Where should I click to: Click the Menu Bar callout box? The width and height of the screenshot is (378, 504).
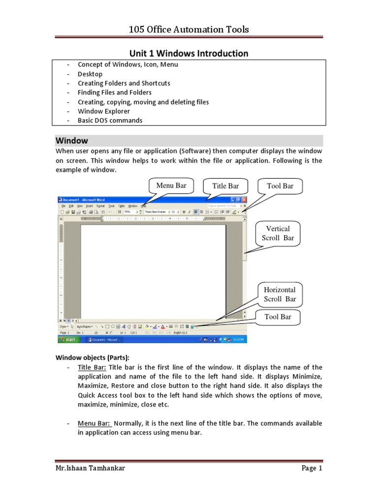pos(171,186)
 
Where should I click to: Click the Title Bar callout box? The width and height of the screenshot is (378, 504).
pos(225,186)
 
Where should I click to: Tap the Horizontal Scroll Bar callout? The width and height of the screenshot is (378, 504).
pos(280,294)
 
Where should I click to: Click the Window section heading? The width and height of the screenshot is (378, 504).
pos(71,141)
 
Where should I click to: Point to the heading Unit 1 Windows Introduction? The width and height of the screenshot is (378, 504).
pos(189,53)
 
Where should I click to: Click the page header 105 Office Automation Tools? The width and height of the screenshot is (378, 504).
pos(189,30)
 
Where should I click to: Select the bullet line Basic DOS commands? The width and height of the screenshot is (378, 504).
pos(110,121)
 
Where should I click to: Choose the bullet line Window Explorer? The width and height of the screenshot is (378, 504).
pos(104,111)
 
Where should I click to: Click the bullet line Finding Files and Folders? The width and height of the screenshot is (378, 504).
pos(114,93)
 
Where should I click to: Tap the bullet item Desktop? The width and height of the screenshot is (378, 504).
pos(90,74)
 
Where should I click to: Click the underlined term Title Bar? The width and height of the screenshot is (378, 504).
pos(92,367)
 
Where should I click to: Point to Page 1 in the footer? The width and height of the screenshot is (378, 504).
pos(312,469)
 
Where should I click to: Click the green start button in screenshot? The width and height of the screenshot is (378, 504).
pos(68,340)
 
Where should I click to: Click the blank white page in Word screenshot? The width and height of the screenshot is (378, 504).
pos(153,271)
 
